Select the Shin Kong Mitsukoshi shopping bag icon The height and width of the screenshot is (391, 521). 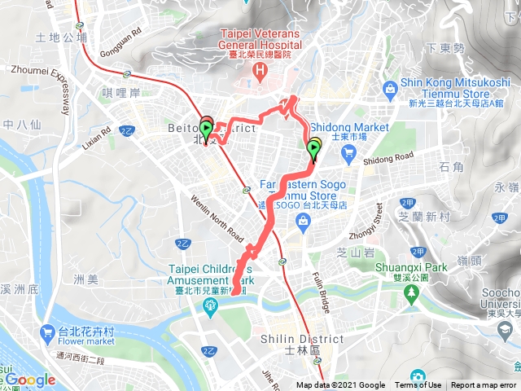click(x=392, y=86)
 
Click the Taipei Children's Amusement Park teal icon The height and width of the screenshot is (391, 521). click(x=212, y=305)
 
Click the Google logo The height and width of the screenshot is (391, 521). click(x=30, y=380)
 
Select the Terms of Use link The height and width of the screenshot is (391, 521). click(x=418, y=385)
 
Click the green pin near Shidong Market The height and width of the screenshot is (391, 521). click(x=314, y=148)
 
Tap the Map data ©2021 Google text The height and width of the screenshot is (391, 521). click(x=341, y=385)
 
